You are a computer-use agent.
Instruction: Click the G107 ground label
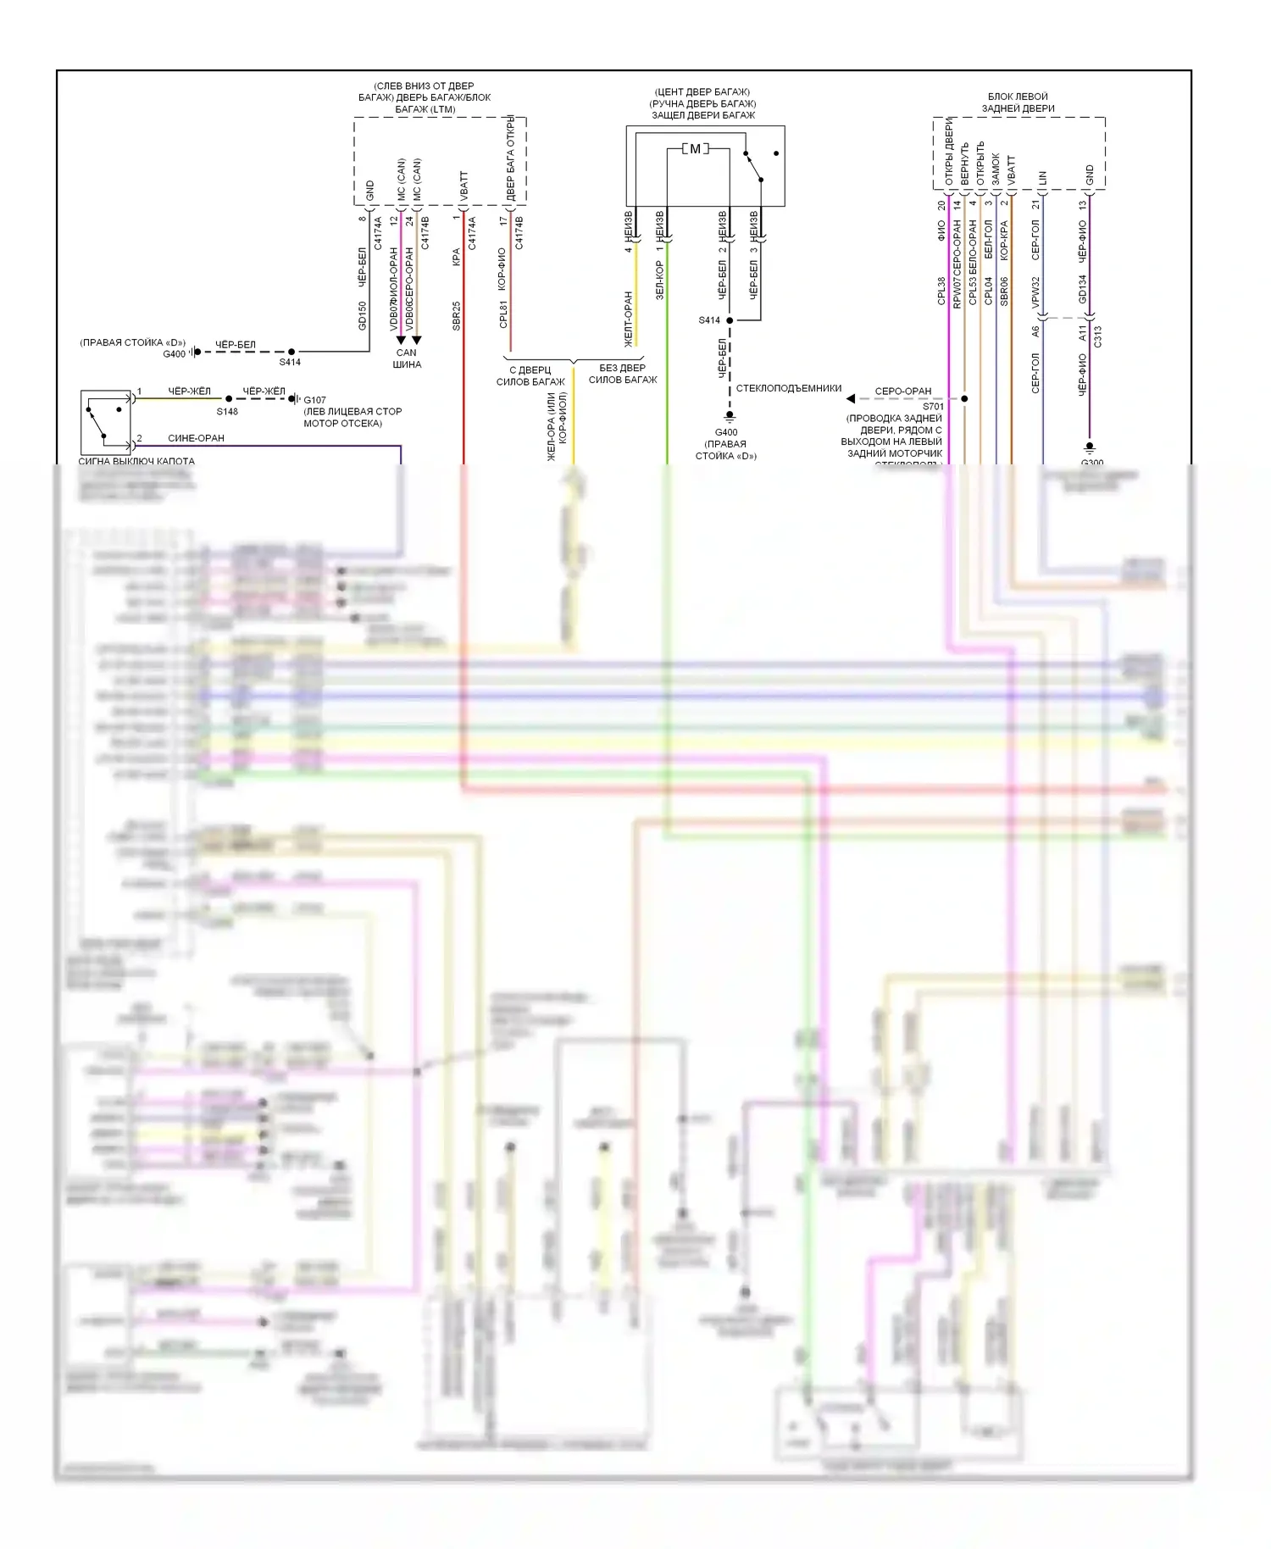pos(315,400)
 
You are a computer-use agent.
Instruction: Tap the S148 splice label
pos(227,412)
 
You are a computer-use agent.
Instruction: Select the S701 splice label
pos(933,407)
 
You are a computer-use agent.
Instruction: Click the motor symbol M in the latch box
pos(696,149)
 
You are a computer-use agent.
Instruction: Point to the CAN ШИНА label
pos(407,358)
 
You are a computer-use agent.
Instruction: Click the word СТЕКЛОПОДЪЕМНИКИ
pos(789,388)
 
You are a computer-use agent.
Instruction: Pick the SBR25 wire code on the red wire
pos(457,315)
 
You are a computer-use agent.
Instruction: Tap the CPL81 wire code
pos(503,314)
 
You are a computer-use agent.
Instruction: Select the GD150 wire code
pos(363,315)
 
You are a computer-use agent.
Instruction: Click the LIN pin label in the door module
pos(1042,178)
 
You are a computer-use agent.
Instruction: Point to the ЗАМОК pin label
pos(996,169)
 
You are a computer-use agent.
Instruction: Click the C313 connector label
pos(1098,336)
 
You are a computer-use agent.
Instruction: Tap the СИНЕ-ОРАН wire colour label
pos(196,438)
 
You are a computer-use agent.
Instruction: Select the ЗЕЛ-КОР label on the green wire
pos(659,280)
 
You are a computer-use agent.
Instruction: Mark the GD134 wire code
pos(1082,289)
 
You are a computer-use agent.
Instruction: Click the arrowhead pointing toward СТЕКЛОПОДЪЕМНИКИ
pos(851,398)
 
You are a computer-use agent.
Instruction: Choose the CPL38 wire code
pos(941,291)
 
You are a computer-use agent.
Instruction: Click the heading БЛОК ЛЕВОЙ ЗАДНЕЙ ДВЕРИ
pos(1018,103)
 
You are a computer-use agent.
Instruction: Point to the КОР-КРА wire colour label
pos(1004,240)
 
